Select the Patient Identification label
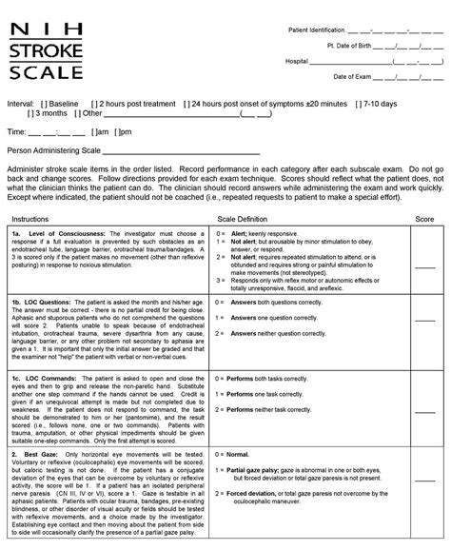pyautogui.click(x=323, y=31)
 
